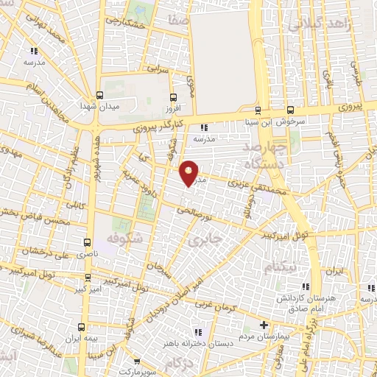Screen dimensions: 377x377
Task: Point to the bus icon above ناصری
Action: [x=89, y=242]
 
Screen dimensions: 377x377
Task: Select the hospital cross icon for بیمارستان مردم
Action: [x=264, y=325]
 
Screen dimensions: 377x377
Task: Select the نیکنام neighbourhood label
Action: [x=279, y=265]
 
